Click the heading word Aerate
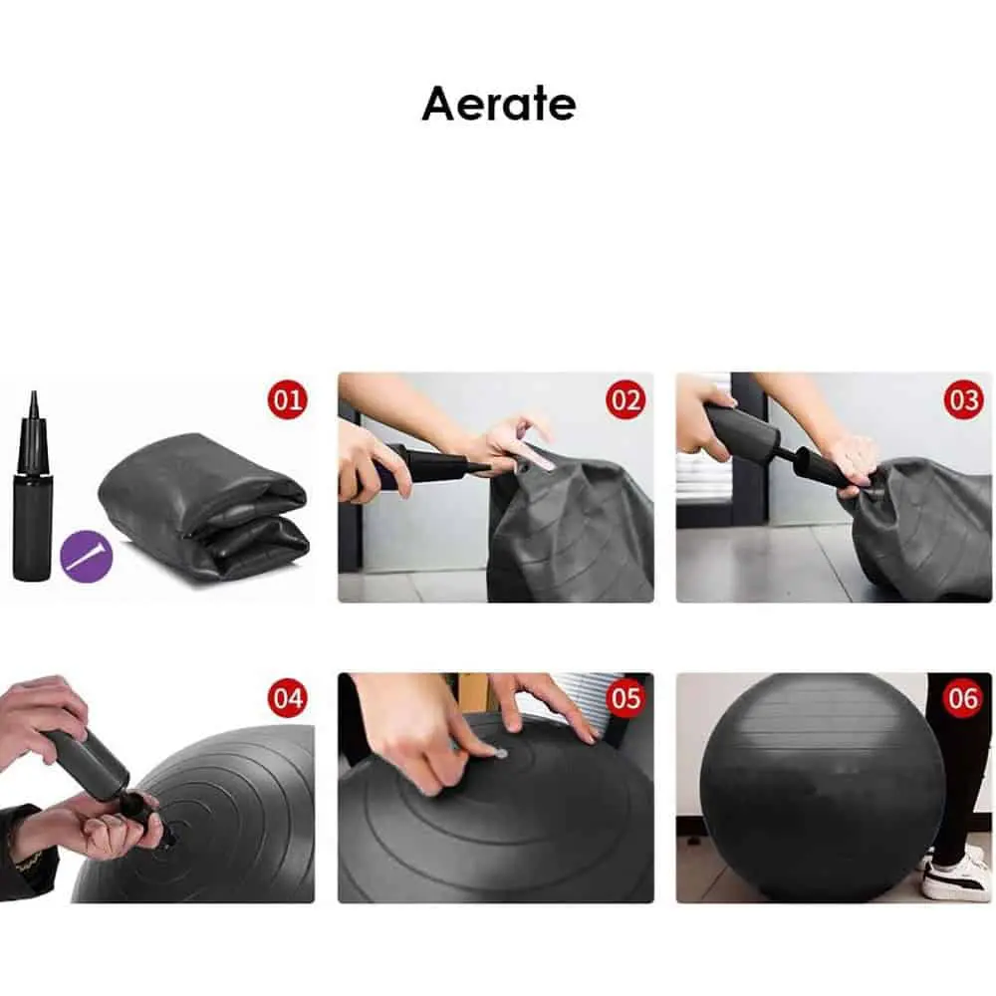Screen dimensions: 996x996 pos(499,104)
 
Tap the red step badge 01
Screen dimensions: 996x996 pos(287,399)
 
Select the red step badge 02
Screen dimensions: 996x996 pos(625,399)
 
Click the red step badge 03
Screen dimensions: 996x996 pos(963,399)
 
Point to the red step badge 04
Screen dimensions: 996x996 pos(287,698)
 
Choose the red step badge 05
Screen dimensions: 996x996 pos(625,698)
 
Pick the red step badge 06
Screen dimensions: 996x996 pos(963,698)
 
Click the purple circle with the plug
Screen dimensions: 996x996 pos(87,557)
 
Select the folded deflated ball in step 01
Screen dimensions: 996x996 pos(203,506)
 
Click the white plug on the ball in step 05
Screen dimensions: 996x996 pos(501,753)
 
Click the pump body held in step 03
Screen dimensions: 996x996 pos(742,429)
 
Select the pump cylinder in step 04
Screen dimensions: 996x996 pos(87,761)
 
